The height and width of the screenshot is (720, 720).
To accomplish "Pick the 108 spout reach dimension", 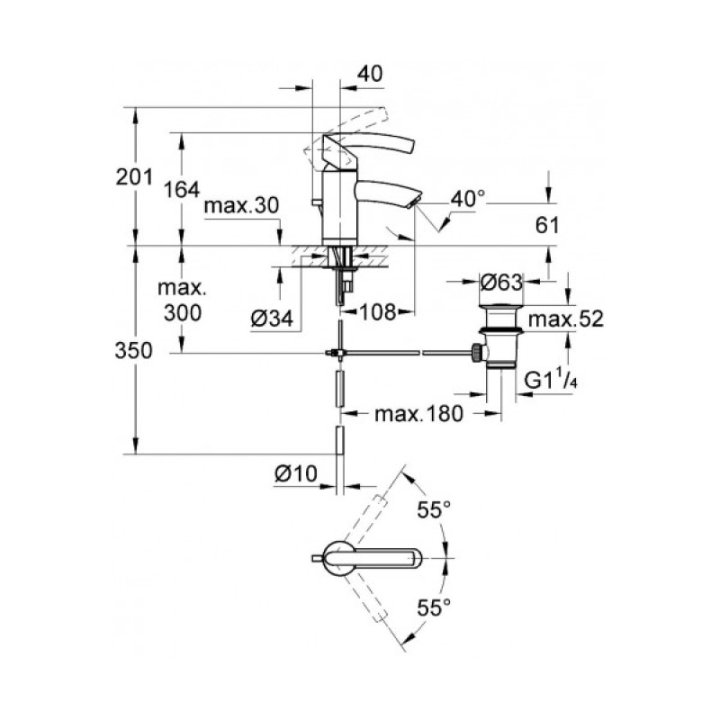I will tap(378, 313).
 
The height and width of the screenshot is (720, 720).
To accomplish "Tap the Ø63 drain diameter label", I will tap(501, 283).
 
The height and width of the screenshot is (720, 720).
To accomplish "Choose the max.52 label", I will tap(564, 319).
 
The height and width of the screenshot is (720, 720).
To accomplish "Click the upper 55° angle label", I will tap(432, 510).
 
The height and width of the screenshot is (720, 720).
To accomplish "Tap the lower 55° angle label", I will tap(432, 608).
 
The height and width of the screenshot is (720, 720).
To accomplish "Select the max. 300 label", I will tap(183, 301).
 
